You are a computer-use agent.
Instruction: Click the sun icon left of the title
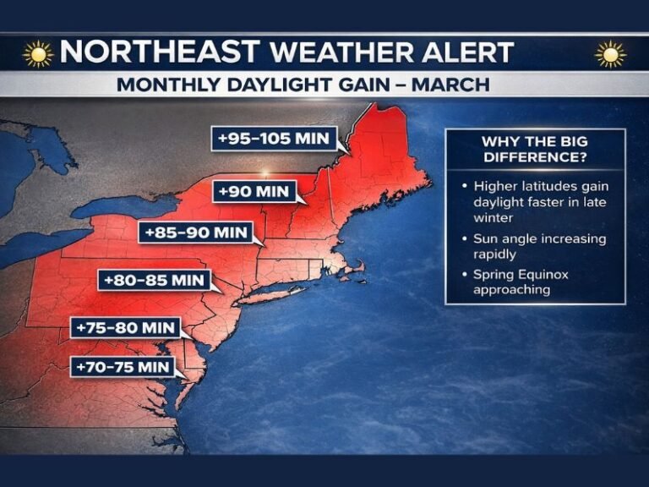click(x=38, y=53)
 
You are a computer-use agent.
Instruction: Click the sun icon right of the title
click(x=610, y=53)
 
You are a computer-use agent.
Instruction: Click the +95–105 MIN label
click(x=275, y=139)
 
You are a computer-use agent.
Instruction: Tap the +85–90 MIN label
click(x=196, y=232)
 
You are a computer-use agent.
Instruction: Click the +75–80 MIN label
click(x=125, y=327)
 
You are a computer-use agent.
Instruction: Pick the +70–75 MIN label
click(x=123, y=367)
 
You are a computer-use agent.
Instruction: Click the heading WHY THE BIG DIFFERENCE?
click(x=534, y=150)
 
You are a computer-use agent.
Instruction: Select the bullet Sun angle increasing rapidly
click(x=539, y=246)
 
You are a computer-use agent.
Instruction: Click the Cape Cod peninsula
click(x=358, y=269)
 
